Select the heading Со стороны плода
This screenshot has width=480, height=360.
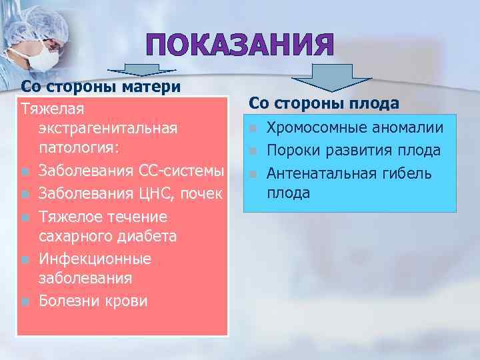tap(324, 103)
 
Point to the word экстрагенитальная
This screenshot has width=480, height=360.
tap(108, 127)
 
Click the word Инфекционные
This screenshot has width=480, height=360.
tap(95, 258)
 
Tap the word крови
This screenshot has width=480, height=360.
tap(125, 301)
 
